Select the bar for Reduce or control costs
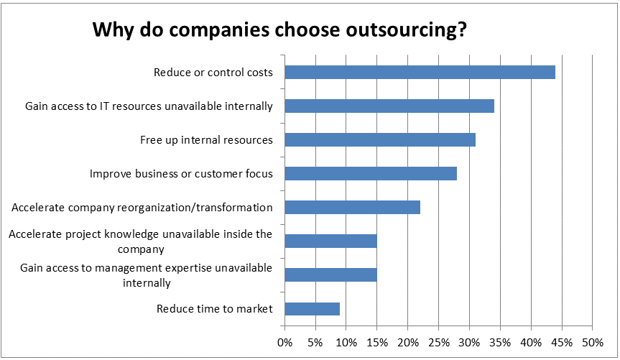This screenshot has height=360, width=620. tap(420, 72)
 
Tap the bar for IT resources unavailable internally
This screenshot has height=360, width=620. tap(389, 106)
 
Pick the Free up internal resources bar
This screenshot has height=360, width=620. tap(380, 139)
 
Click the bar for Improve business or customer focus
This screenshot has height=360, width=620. tap(371, 173)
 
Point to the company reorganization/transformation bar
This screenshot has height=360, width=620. tap(352, 208)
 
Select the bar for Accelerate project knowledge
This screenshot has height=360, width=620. tap(330, 241)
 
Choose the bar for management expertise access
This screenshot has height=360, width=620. tap(330, 274)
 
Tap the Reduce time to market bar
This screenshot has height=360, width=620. tap(312, 309)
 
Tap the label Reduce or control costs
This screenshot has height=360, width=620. tap(213, 73)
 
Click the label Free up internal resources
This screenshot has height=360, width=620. tap(206, 140)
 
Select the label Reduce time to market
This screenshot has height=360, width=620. tap(215, 309)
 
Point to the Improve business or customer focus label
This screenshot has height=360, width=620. tap(181, 174)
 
